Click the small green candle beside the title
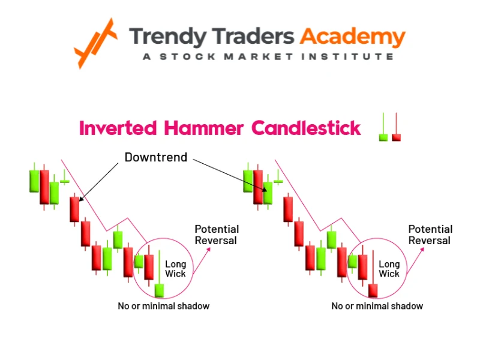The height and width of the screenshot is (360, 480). tap(383, 137)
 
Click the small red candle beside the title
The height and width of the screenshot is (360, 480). tap(396, 137)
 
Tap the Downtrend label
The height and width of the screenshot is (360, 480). tap(156, 157)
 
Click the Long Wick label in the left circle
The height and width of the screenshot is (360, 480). tap(176, 269)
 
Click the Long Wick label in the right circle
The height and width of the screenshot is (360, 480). tap(389, 269)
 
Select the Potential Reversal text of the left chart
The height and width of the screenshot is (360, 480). tap(217, 235)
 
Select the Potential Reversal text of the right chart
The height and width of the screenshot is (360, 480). tap(430, 235)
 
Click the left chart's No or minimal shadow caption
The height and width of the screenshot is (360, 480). tap(164, 306)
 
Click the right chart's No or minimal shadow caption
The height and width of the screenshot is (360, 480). tap(377, 306)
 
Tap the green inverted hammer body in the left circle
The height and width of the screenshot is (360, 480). tap(159, 290)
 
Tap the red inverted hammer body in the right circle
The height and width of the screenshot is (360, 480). tap(373, 290)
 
